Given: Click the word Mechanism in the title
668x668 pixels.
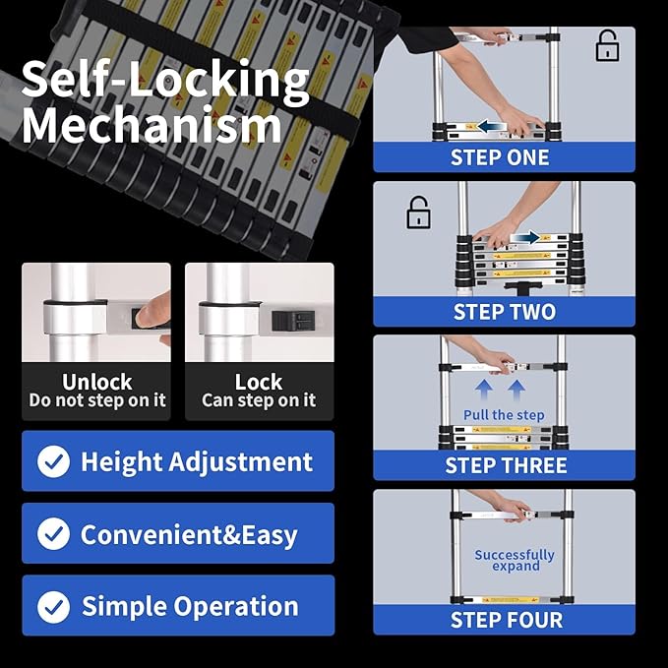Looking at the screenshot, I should tap(152, 127).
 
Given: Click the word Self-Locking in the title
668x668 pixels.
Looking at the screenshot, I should tap(165, 80).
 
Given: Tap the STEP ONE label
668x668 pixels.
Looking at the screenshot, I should tap(500, 157).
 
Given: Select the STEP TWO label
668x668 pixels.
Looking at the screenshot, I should tap(504, 312).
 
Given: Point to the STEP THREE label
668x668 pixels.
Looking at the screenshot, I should tap(506, 465).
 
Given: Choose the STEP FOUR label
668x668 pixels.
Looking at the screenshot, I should tap(506, 620).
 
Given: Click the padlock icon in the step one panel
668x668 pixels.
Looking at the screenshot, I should tap(608, 46).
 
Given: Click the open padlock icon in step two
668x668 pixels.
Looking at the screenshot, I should tap(419, 213).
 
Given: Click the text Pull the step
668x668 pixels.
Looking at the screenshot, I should tap(504, 415).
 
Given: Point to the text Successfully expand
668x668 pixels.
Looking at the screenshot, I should tap(515, 560).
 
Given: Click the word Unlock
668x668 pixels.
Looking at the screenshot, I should tap(97, 382).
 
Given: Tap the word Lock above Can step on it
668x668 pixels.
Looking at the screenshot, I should tap(259, 382).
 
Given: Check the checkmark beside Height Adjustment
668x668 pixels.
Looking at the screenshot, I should tap(53, 461).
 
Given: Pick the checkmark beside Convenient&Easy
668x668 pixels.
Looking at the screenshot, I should tap(53, 533).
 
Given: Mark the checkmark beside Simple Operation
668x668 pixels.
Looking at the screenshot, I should tap(53, 606).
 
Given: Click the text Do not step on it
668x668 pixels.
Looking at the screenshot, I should tap(97, 400).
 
